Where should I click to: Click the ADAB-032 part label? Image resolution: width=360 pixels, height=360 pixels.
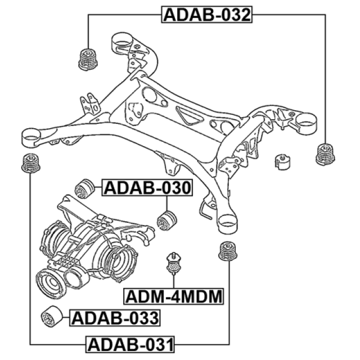click(x=206, y=14)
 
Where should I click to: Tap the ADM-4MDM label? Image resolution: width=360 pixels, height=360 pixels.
click(x=173, y=295)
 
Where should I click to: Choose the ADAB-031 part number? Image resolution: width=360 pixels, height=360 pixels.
click(x=130, y=343)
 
